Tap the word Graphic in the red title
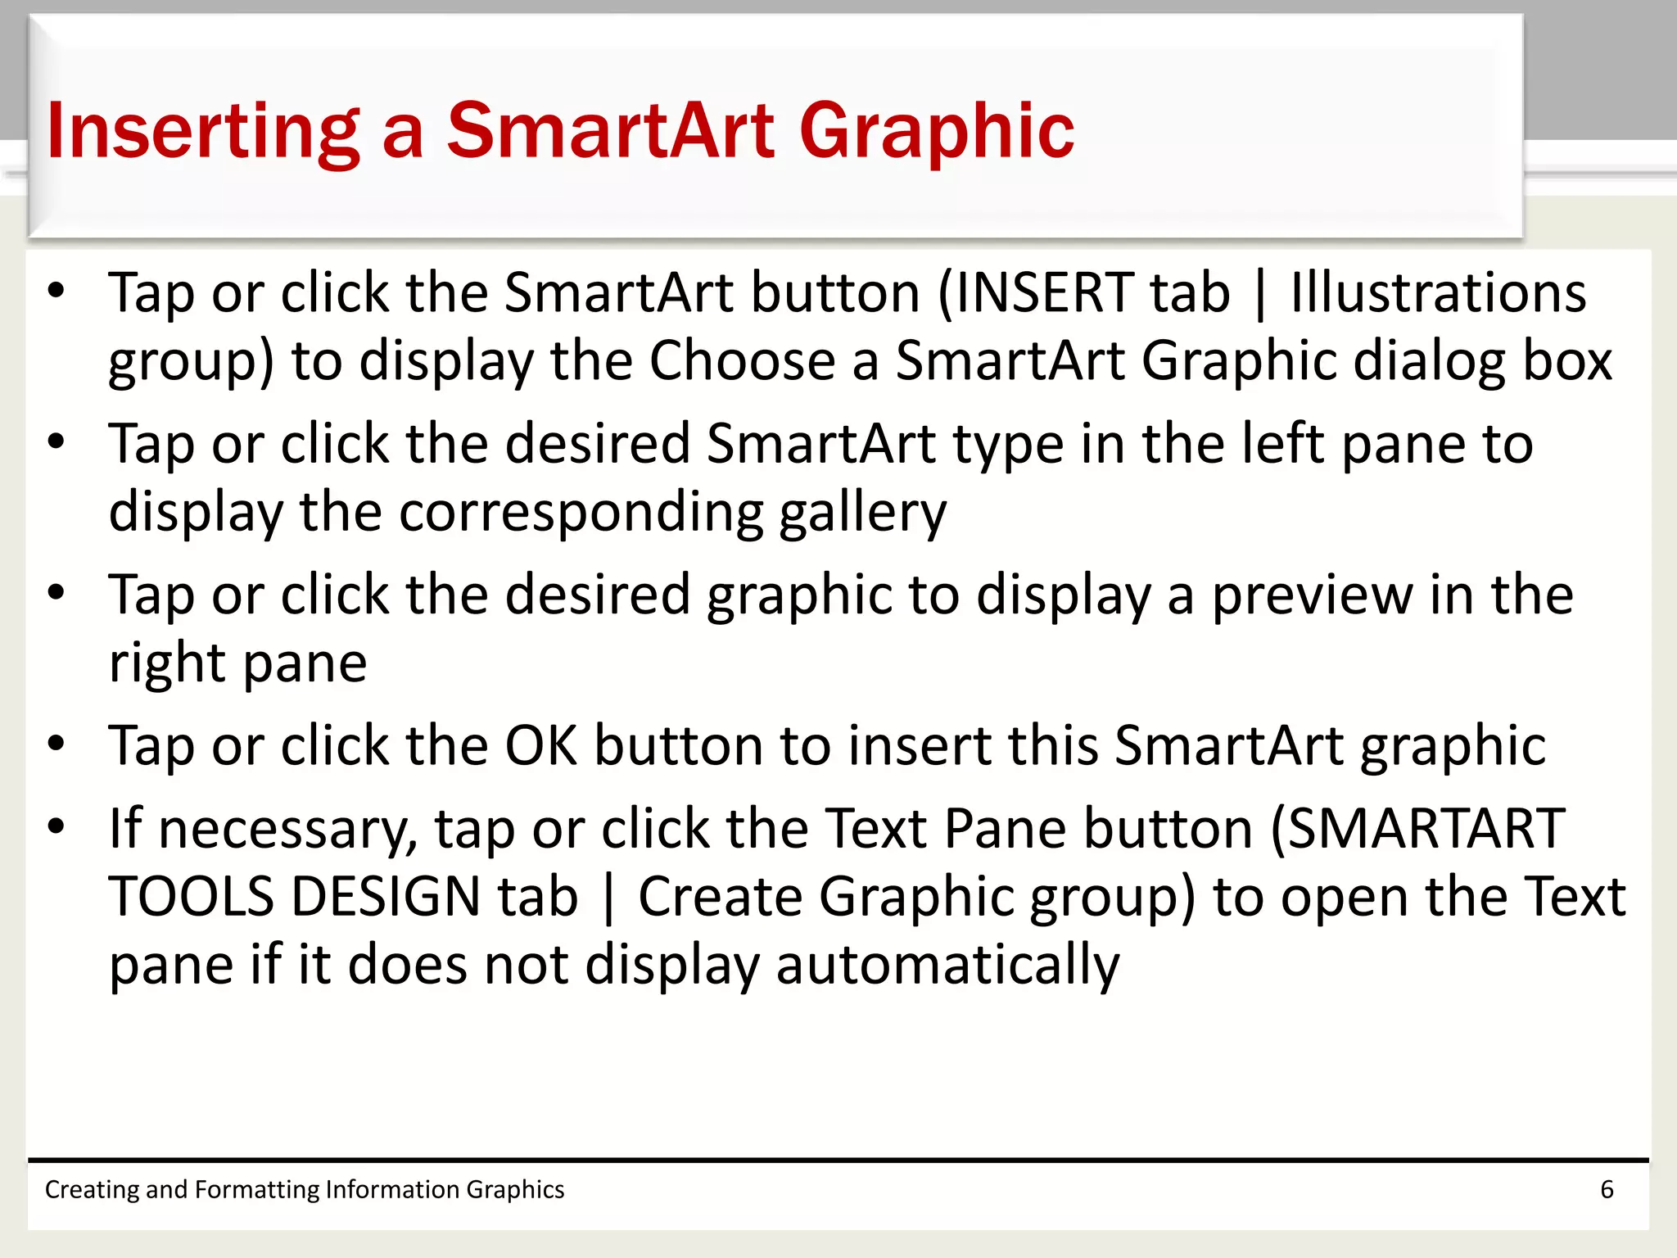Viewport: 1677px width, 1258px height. pyautogui.click(x=936, y=131)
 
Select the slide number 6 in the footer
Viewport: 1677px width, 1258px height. pyautogui.click(x=1607, y=1189)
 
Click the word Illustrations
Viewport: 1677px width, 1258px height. pyautogui.click(x=1438, y=292)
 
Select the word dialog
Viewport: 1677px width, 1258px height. pyautogui.click(x=1428, y=360)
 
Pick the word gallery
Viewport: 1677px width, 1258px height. pyautogui.click(x=863, y=513)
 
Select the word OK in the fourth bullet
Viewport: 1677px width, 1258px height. pyautogui.click(x=540, y=745)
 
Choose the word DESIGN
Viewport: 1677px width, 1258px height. pyautogui.click(x=386, y=897)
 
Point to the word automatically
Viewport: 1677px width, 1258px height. pyautogui.click(x=947, y=965)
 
